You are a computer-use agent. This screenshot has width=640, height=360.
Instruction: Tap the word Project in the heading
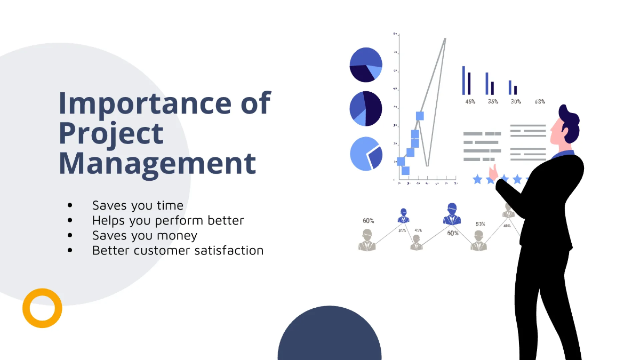[111, 134]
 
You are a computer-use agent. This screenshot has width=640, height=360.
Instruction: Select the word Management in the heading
[157, 163]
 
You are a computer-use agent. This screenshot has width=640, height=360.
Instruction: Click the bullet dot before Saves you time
[70, 206]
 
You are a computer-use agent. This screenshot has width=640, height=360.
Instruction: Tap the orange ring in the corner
[42, 308]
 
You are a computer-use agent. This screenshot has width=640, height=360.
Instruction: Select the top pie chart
[366, 65]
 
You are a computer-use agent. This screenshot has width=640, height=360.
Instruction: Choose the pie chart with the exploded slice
[366, 154]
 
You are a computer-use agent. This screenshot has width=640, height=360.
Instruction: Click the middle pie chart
[366, 109]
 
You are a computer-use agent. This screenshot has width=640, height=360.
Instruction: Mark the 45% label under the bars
[470, 101]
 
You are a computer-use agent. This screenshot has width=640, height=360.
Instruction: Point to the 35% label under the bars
[493, 101]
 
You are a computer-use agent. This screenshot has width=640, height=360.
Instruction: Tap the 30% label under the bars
[516, 101]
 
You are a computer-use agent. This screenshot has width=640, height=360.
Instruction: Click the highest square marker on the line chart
[420, 116]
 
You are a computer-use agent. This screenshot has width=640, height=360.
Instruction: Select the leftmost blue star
[477, 180]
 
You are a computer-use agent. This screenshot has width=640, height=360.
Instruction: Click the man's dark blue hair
[569, 119]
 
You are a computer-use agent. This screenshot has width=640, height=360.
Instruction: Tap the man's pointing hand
[494, 172]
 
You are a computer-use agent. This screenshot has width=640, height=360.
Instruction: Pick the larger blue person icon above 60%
[452, 214]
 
